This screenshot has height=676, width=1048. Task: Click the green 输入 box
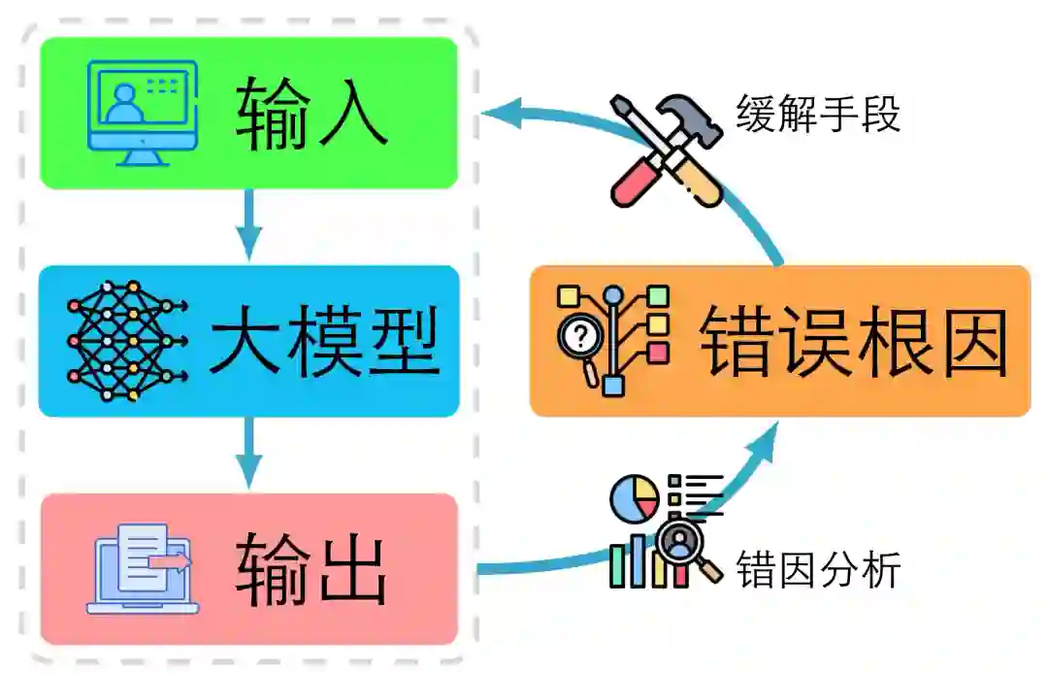pos(248,112)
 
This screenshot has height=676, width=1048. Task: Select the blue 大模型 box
pos(248,341)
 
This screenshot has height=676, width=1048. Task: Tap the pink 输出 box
pos(248,568)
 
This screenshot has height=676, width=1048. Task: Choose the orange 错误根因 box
pos(779,341)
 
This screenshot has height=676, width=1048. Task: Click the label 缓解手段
pos(818,115)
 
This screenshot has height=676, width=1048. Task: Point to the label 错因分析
pos(818,569)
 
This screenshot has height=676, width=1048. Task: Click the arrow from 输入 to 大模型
pos(249,225)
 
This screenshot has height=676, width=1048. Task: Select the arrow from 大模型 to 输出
pos(249,454)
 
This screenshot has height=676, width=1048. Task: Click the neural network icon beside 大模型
pos(123,341)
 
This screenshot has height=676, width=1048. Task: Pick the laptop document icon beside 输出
pos(144,568)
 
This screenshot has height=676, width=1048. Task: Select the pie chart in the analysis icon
pos(634,497)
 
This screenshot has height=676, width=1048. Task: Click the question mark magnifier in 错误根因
pos(581,337)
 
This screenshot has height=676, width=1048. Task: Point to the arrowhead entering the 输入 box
pos(500,113)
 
